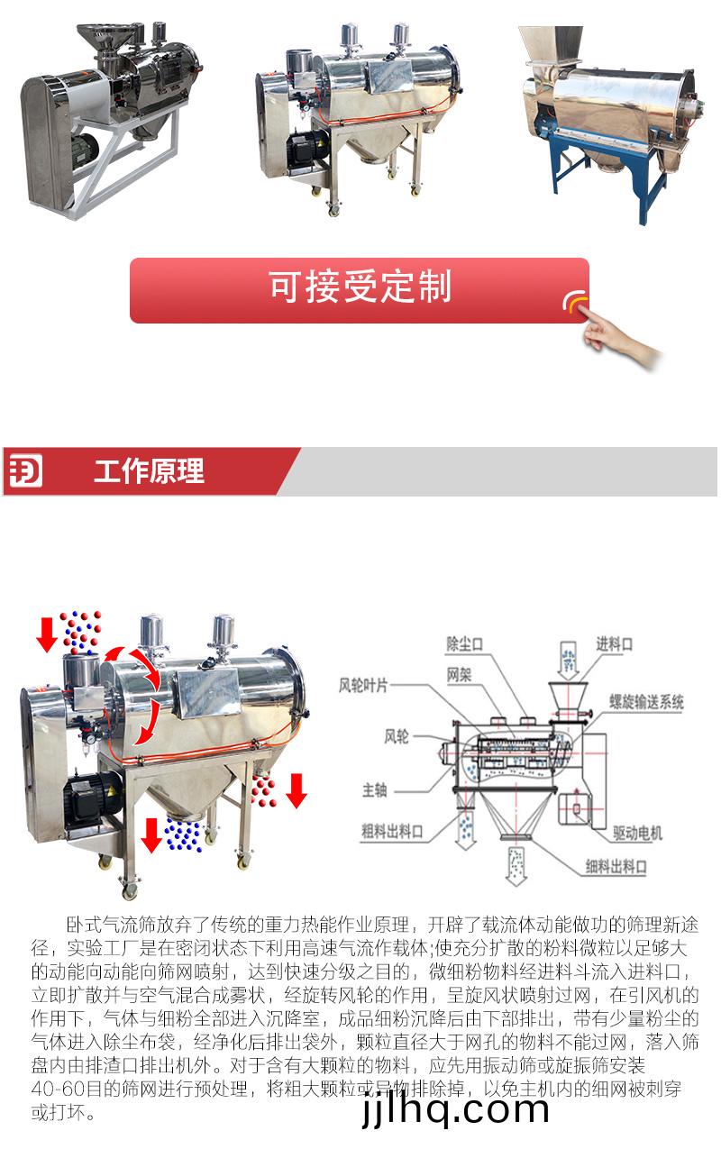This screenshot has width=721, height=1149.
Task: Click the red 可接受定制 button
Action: click(360, 290)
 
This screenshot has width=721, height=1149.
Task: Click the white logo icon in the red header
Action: click(25, 471)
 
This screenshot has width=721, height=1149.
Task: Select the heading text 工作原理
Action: click(149, 471)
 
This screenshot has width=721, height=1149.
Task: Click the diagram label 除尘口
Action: click(464, 643)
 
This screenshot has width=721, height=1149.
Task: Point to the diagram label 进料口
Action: click(614, 643)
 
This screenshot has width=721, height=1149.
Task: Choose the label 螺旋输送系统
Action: click(646, 702)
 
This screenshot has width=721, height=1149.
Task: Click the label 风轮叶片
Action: click(363, 685)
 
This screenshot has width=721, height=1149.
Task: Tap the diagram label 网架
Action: click(459, 674)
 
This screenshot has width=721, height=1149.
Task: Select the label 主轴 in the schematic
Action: click(375, 790)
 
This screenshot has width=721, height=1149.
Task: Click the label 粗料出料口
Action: click(392, 831)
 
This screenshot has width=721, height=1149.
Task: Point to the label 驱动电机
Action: click(638, 834)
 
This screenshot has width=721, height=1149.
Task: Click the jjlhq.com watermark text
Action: click(455, 1108)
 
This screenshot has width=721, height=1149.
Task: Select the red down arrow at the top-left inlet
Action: click(47, 634)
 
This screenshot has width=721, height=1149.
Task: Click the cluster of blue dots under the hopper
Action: click(183, 834)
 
